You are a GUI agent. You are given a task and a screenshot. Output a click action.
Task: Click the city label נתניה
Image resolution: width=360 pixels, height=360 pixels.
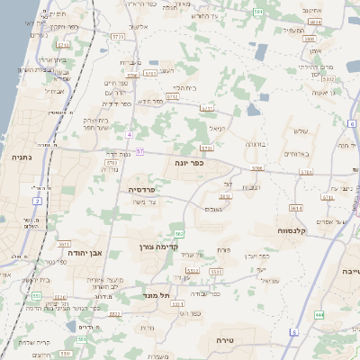tap(19, 156)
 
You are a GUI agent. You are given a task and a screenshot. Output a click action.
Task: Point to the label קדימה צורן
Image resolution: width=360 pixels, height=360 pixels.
tap(161, 247)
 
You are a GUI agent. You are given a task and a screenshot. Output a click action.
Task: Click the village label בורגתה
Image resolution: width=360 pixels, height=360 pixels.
tap(255, 144)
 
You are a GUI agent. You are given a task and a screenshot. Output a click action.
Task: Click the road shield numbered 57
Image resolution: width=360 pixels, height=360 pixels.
tap(140, 151)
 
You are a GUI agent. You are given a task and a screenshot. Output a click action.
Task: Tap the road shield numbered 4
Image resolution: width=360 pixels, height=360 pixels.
tap(130, 134)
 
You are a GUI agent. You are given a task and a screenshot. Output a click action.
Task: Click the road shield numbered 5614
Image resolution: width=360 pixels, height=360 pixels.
tap(297, 208)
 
